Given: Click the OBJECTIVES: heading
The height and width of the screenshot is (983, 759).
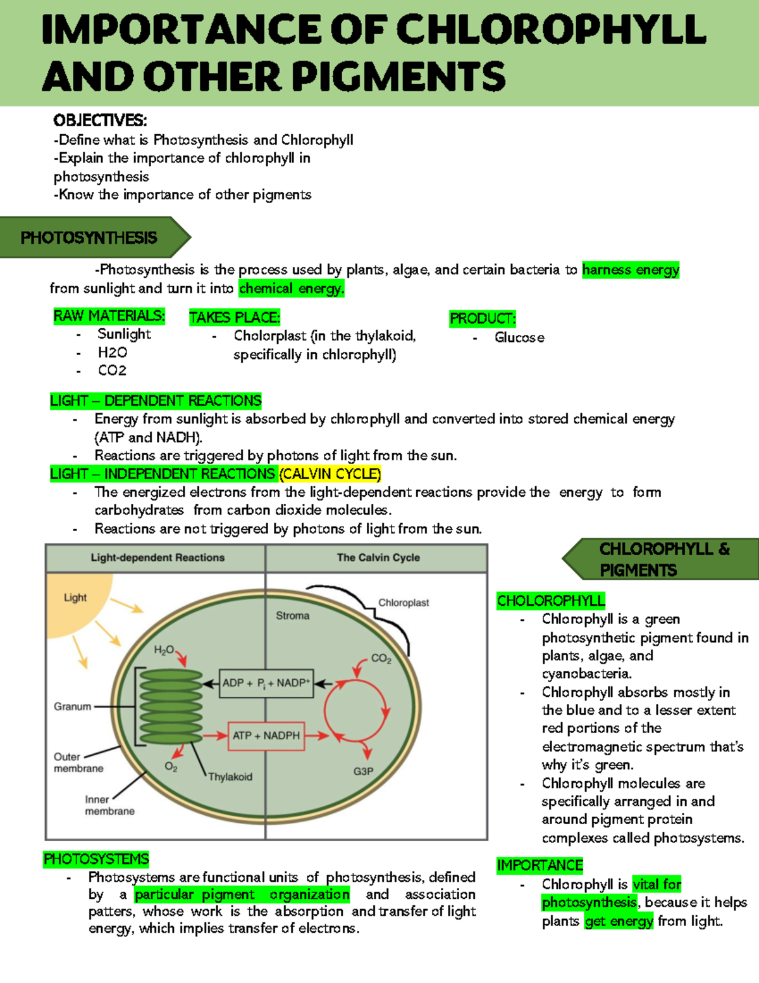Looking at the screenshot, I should pos(100,120).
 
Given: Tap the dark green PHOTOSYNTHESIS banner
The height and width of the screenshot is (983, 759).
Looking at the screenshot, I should pos(89,238).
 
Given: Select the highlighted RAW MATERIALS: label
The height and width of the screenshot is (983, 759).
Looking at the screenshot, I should pos(109,316).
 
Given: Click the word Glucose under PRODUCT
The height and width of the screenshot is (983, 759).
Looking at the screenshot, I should pos(519,338).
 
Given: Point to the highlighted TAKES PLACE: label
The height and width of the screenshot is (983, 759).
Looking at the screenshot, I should pos(234,318).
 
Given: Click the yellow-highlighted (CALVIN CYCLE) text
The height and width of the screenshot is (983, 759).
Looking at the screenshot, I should pos(330,474).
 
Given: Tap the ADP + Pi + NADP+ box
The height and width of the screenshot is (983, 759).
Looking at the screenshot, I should pos(266,684).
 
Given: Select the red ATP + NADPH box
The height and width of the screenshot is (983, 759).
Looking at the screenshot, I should pos(266,736).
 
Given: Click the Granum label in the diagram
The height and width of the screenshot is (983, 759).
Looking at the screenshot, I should pos(72,706).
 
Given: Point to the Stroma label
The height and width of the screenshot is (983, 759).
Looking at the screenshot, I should pos(292,615).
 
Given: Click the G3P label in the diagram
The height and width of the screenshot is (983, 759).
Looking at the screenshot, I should pos(363,772).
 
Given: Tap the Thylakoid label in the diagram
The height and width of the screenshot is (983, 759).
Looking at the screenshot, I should pos(230,777).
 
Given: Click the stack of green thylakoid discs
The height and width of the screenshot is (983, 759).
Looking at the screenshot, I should pos(171,706).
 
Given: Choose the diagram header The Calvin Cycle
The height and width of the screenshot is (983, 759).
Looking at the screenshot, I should pos(378,558).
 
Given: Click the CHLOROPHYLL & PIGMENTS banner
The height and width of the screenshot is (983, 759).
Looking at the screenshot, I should pos(664,560).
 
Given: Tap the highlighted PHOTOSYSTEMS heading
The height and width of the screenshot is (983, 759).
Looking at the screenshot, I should pos(96,859).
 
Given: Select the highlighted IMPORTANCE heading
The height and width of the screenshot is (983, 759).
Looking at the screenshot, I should pos(540,865).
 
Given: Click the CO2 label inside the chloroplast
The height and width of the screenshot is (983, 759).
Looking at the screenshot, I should pos(381,658).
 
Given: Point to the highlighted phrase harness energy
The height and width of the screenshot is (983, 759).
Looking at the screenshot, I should pos(631,270).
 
